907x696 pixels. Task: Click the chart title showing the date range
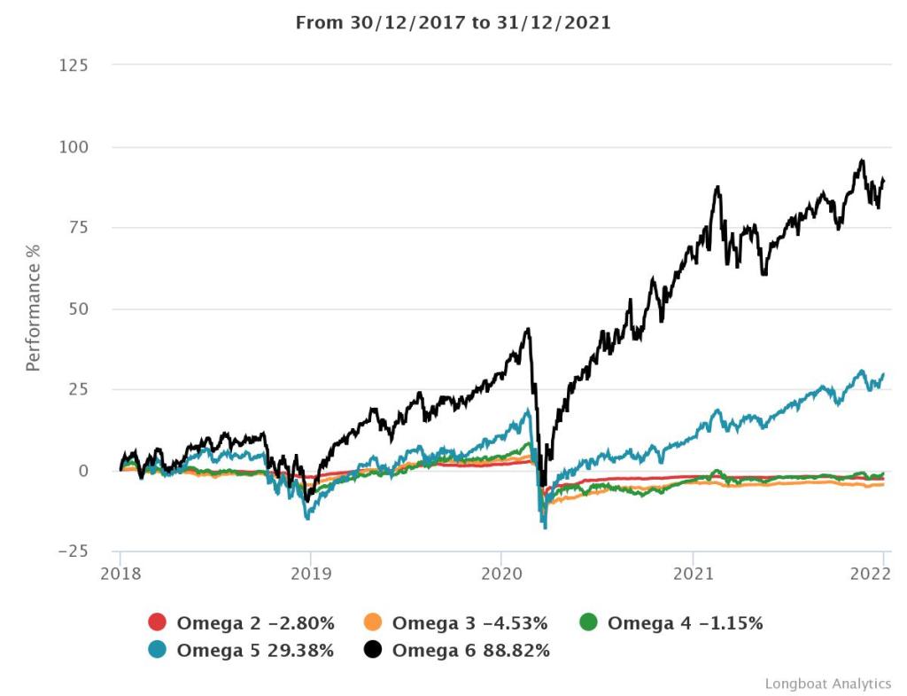pyautogui.click(x=453, y=22)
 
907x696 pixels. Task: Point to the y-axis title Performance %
pyautogui.click(x=34, y=308)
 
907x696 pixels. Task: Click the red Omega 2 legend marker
pyautogui.click(x=158, y=623)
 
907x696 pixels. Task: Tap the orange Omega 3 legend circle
pyautogui.click(x=373, y=623)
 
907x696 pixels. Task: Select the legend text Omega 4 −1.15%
pyautogui.click(x=685, y=623)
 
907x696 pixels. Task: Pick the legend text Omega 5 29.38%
pyautogui.click(x=255, y=650)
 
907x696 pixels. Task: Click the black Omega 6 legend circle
pyautogui.click(x=373, y=650)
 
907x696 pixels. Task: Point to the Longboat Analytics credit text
pyautogui.click(x=827, y=683)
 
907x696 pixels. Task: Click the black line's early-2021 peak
pyautogui.click(x=717, y=187)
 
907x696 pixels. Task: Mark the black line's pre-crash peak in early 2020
pyautogui.click(x=528, y=329)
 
